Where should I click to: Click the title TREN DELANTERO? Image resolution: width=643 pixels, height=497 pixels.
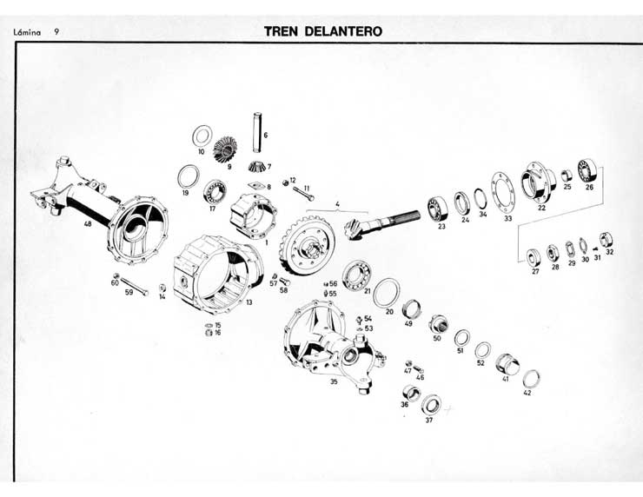(x=323, y=31)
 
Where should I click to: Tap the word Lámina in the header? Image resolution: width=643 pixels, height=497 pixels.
(x=26, y=32)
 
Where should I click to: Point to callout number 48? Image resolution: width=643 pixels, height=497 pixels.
(x=87, y=223)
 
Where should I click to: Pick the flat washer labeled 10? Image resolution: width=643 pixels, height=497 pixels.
(x=202, y=136)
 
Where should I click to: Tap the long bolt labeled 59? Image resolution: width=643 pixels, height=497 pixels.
(x=139, y=285)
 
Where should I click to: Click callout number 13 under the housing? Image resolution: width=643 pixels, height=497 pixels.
(x=249, y=302)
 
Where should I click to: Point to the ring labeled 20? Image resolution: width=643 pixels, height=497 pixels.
(x=388, y=294)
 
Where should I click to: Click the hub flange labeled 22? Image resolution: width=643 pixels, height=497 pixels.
(x=539, y=182)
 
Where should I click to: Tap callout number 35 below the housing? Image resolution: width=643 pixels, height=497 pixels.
(x=333, y=381)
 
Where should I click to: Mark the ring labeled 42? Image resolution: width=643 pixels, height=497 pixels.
(x=531, y=379)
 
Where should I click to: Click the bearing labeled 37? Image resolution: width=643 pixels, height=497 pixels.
(x=430, y=404)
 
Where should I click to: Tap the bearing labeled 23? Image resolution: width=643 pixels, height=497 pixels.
(x=438, y=209)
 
